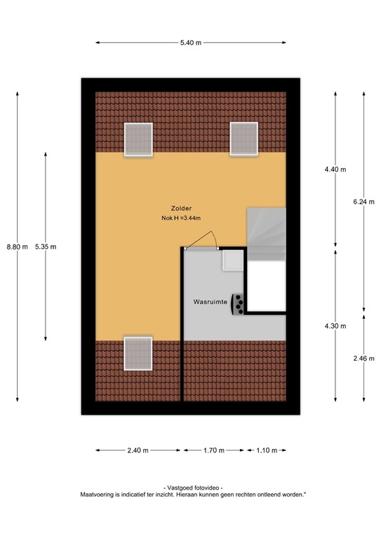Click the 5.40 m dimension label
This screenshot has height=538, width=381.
tap(190, 43)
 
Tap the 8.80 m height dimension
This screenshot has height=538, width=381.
tap(17, 247)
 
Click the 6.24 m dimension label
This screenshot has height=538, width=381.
tap(365, 200)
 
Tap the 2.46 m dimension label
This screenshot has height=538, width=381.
tap(365, 358)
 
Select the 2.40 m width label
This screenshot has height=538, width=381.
tap(138, 450)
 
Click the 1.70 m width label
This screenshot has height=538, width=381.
tap(213, 450)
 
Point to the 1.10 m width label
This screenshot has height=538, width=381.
tap(267, 450)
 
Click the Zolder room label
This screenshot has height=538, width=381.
tap(180, 208)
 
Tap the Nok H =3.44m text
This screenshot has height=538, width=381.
tap(180, 219)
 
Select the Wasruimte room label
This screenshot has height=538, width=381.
tap(210, 303)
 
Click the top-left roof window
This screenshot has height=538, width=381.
tap(138, 139)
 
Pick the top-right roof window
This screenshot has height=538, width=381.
tap(243, 139)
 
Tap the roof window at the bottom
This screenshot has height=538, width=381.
tap(138, 353)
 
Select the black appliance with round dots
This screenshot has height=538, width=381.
tap(240, 303)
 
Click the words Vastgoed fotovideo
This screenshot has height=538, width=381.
tap(192, 488)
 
